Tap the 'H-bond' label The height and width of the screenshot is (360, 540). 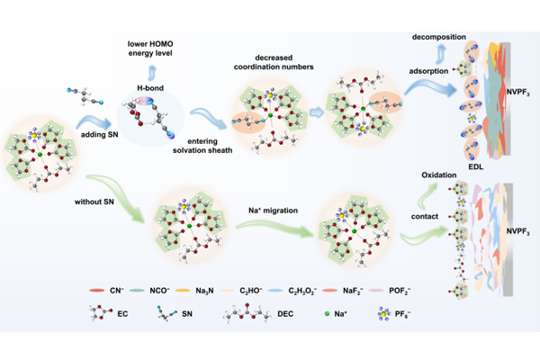coord(149,87)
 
